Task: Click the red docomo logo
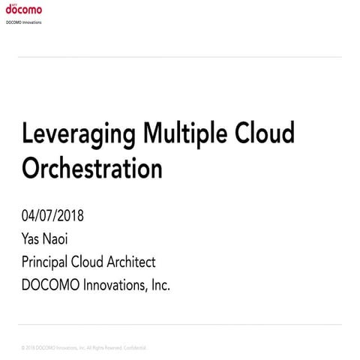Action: click(23, 10)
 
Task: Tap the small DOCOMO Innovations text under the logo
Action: click(23, 22)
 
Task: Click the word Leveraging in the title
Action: click(79, 135)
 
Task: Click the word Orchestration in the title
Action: click(92, 168)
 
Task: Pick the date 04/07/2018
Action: click(53, 217)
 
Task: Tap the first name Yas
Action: click(33, 239)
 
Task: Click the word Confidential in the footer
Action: click(133, 349)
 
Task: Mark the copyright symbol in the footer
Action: click(23, 349)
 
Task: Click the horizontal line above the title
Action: click(180, 57)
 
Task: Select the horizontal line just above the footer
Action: click(180, 325)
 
